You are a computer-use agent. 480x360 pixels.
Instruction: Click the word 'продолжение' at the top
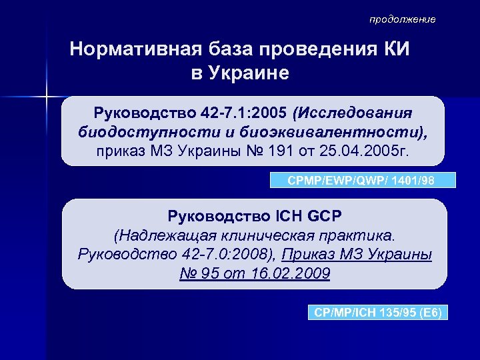(403, 19)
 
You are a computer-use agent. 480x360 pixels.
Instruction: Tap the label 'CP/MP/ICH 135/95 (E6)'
(379, 312)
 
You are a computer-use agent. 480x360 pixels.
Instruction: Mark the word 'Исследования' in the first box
(359, 111)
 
